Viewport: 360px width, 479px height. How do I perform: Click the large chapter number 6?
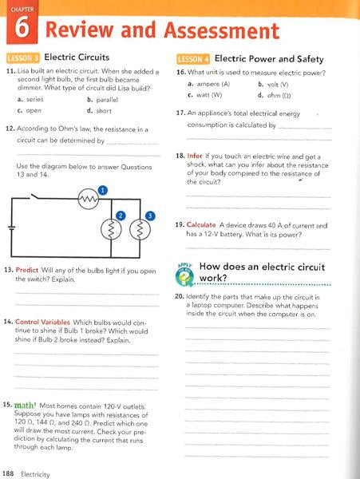[x=22, y=30]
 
